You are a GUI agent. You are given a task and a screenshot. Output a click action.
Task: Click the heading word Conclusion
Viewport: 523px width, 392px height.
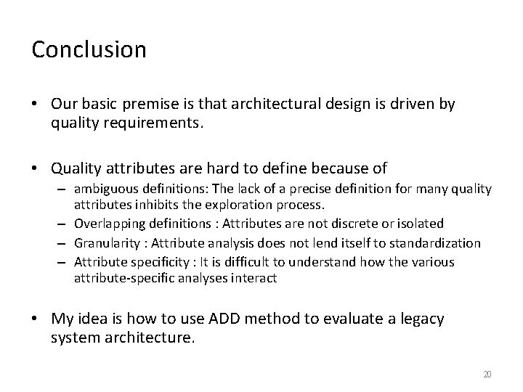pos(89,50)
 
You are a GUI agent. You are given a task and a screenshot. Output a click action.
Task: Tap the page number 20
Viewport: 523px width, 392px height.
pos(487,374)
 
